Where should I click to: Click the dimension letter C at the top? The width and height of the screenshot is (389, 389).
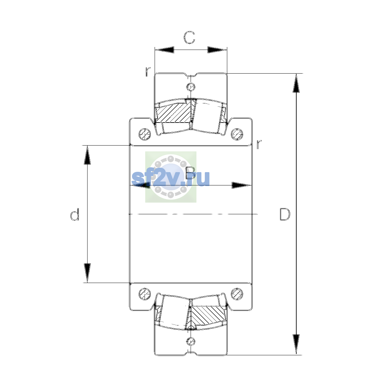[189, 38]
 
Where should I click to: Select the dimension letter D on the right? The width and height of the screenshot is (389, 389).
[285, 214]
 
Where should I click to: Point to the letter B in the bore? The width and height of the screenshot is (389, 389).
[190, 173]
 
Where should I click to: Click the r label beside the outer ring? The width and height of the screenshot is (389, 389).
[148, 72]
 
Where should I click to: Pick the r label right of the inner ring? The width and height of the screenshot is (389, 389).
[259, 144]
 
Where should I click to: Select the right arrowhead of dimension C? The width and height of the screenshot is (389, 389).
[217, 50]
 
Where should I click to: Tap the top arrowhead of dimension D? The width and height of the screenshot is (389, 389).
[296, 83]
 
